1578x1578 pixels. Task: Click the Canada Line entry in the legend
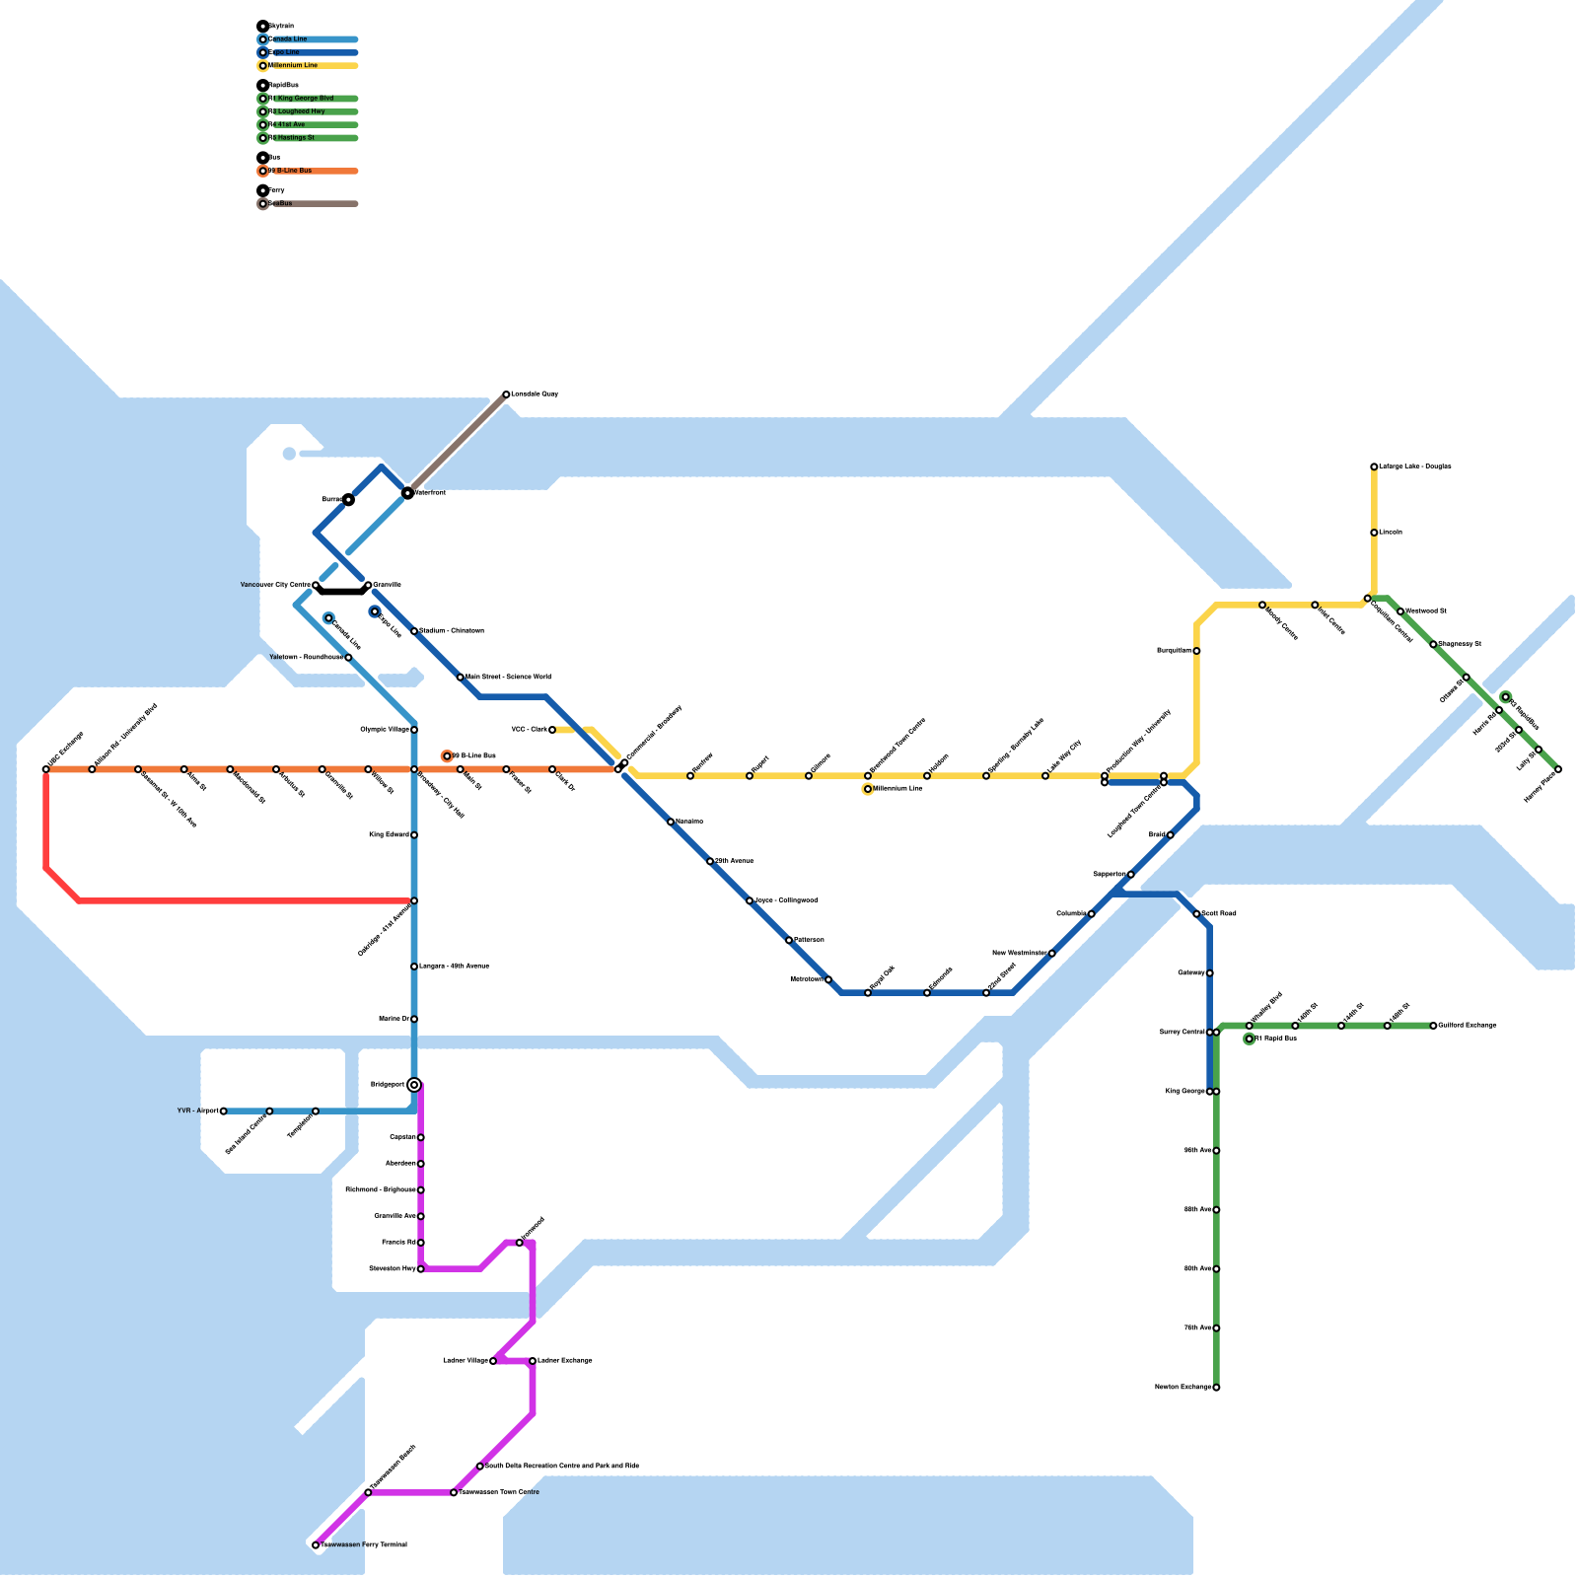point(288,39)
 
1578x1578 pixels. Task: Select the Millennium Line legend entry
point(293,66)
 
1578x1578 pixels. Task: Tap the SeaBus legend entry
point(281,204)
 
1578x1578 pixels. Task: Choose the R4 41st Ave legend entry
point(291,125)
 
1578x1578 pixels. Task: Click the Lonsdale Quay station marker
point(506,394)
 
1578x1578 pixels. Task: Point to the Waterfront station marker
point(407,493)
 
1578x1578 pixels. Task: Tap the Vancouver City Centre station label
point(275,586)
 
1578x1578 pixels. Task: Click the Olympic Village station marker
point(414,730)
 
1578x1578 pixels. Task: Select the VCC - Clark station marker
point(552,730)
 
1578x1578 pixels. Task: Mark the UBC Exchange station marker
point(46,769)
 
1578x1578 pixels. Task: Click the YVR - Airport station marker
point(224,1112)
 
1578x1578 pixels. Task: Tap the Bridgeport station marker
point(414,1085)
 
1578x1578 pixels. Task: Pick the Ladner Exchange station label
point(565,1361)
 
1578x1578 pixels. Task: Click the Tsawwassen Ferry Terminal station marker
point(316,1545)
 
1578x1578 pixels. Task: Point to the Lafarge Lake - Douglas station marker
point(1374,466)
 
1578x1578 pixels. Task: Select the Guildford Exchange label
point(1468,1026)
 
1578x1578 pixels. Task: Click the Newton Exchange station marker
point(1216,1388)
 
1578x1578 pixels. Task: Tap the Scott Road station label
point(1219,914)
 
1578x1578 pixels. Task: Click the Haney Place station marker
point(1558,769)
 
